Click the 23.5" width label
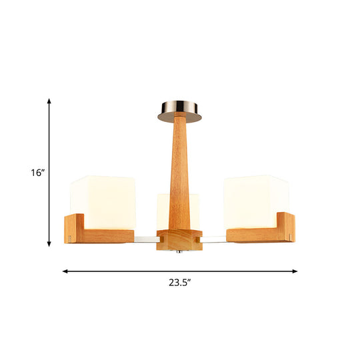point(180,281)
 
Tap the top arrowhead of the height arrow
point(49,100)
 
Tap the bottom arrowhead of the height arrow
point(49,243)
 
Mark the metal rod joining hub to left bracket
point(145,239)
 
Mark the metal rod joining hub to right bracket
point(213,239)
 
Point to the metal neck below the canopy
point(181,121)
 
